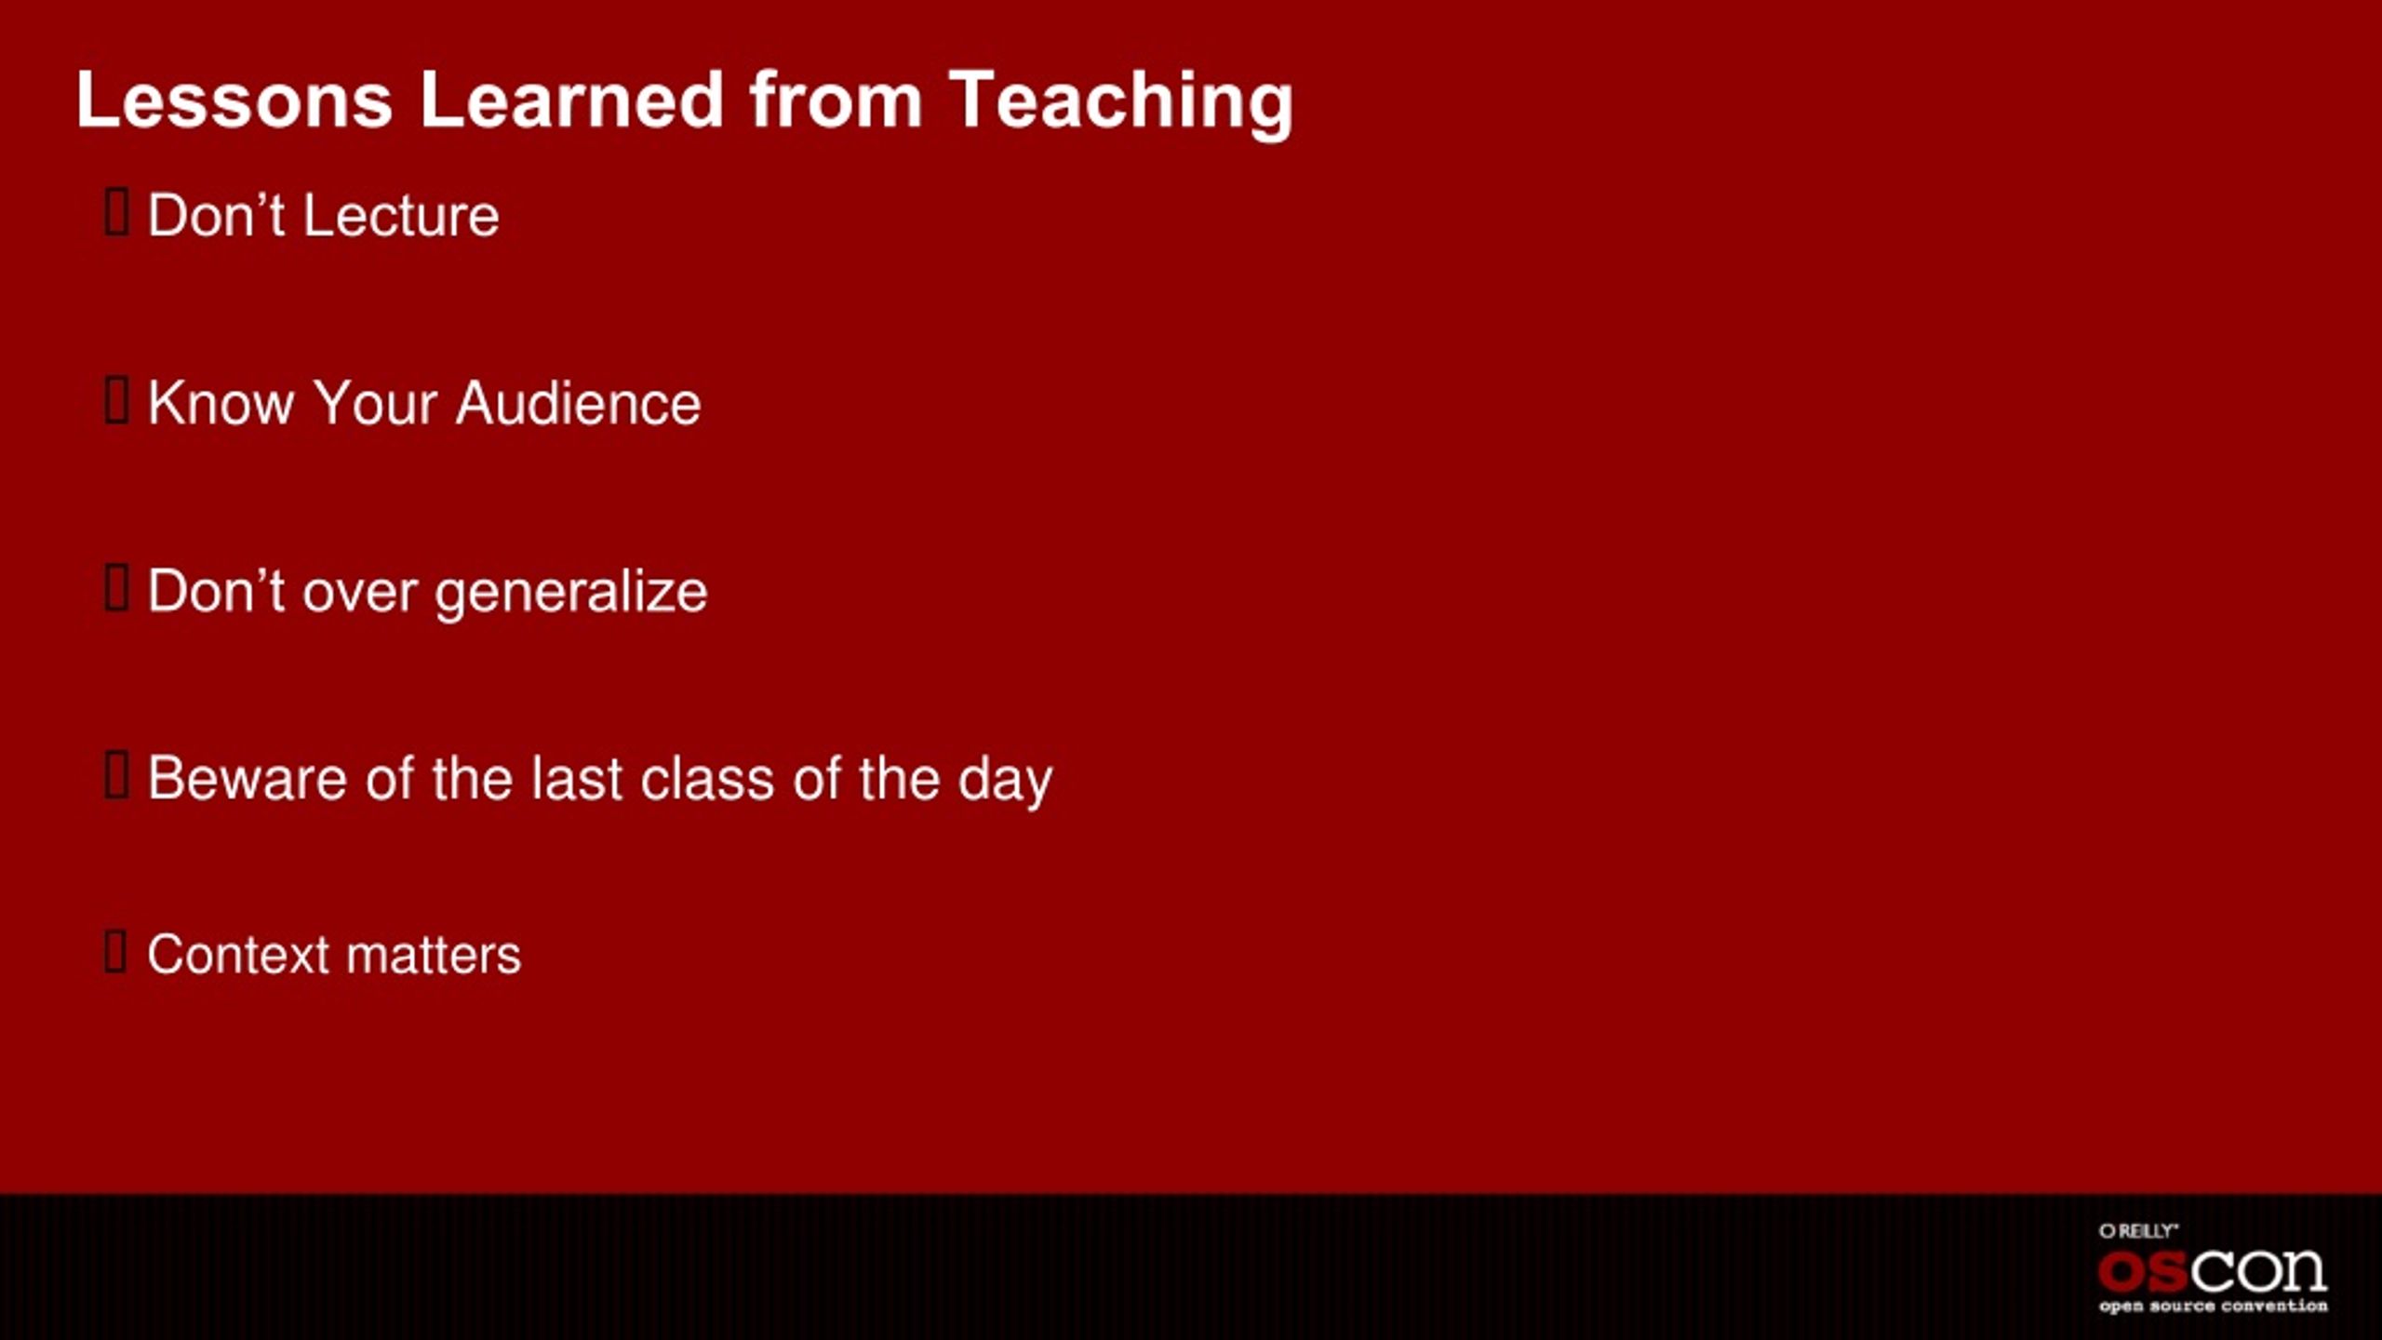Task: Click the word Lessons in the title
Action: pos(234,100)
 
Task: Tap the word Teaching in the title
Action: pos(1121,103)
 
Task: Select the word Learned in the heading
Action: pos(571,100)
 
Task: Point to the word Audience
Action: pos(578,404)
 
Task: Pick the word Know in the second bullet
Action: pos(221,404)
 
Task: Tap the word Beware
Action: pos(248,778)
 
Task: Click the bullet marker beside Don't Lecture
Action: pos(116,212)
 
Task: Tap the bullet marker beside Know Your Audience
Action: pos(116,400)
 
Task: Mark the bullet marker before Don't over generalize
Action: pos(116,588)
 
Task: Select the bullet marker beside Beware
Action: pos(116,776)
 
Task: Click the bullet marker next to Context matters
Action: pos(115,951)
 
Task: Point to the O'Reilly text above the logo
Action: pos(2138,1231)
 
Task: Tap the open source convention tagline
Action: pos(2214,1306)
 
